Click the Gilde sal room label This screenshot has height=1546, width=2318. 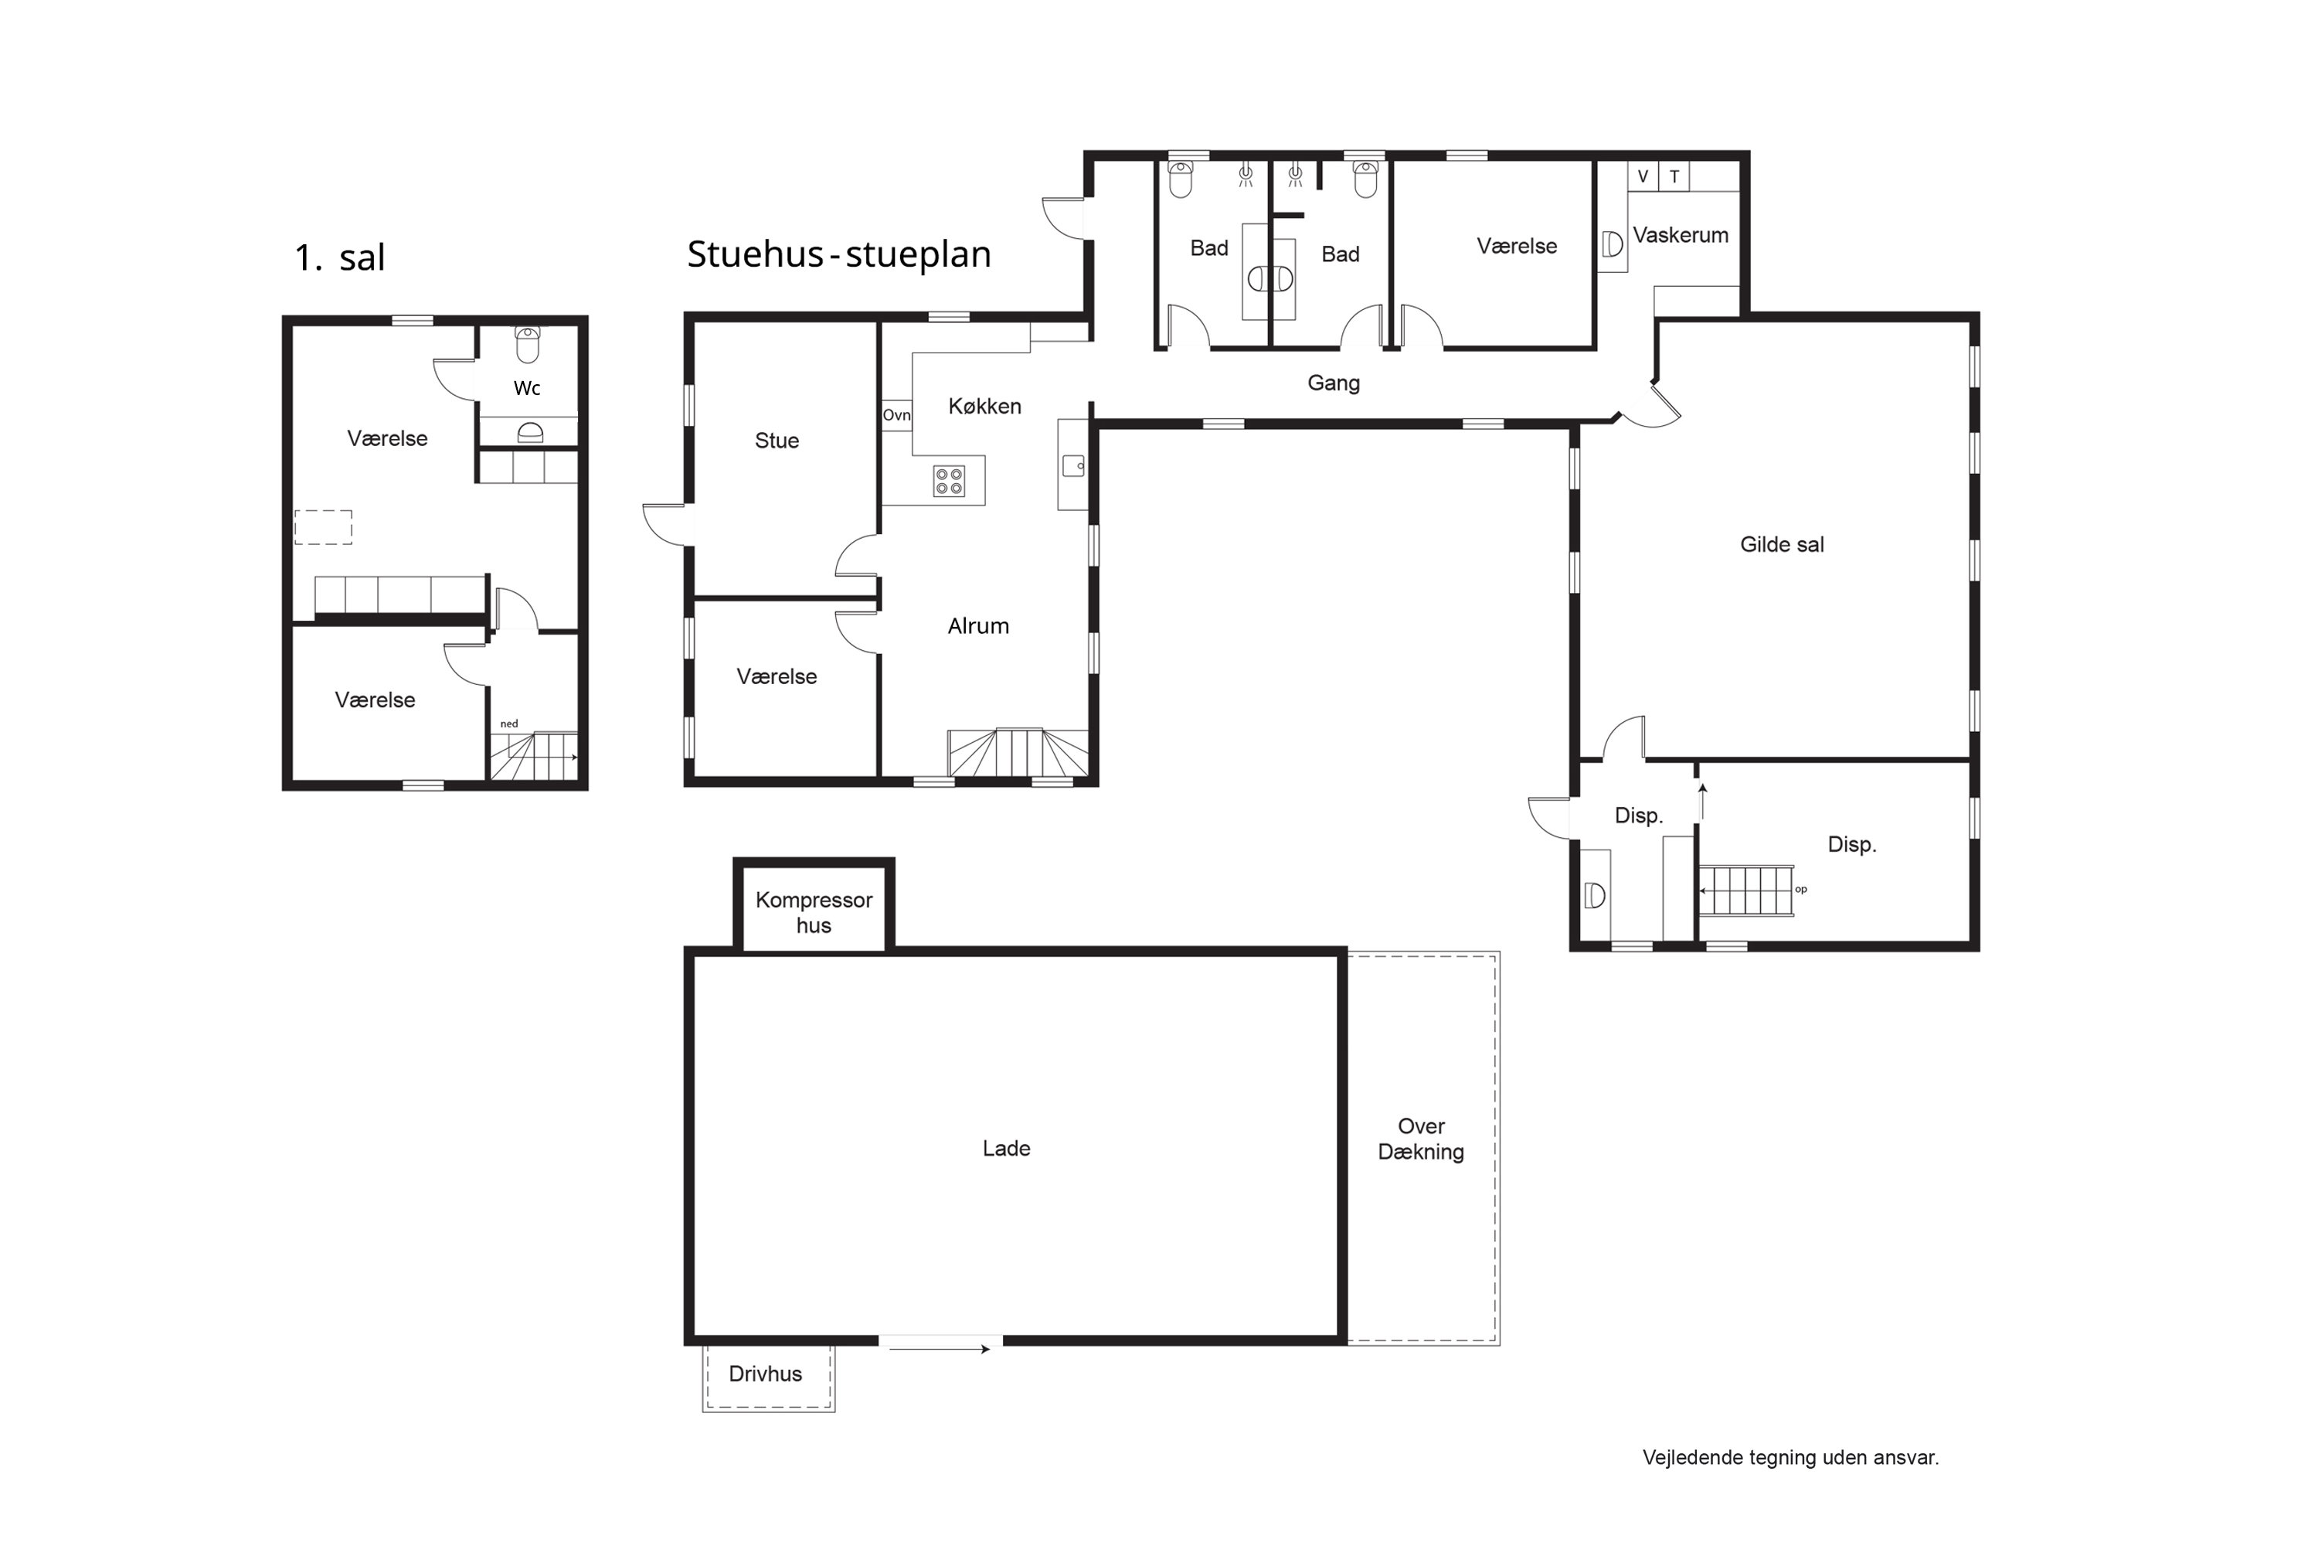tap(1782, 544)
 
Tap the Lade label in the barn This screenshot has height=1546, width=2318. tap(1006, 1149)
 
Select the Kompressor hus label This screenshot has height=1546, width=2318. tap(814, 912)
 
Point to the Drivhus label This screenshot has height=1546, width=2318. tap(765, 1374)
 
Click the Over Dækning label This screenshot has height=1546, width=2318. tap(1421, 1139)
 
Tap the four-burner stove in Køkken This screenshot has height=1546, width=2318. tap(949, 481)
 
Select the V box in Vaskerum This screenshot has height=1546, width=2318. tap(1643, 176)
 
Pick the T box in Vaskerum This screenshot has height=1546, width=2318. tap(1674, 176)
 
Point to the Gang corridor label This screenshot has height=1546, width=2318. tap(1334, 383)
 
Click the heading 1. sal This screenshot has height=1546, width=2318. tap(340, 257)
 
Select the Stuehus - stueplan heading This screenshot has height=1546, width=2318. tap(838, 254)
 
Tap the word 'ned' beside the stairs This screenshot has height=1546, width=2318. tap(508, 724)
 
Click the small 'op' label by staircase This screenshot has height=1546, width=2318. tap(1800, 890)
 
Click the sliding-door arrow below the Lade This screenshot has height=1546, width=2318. tap(940, 1349)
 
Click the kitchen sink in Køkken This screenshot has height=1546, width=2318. tap(1073, 465)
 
